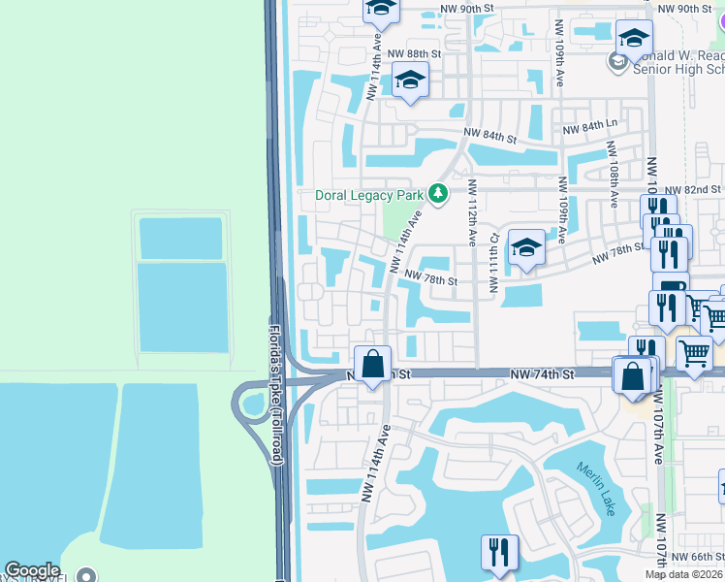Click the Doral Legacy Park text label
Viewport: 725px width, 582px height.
click(371, 195)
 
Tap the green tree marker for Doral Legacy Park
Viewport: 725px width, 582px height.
click(438, 194)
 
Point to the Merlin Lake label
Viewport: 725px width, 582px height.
click(596, 489)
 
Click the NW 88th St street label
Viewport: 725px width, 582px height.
click(413, 53)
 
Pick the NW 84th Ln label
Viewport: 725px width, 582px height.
click(590, 126)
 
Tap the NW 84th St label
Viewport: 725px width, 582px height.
click(489, 133)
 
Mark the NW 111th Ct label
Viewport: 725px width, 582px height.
click(494, 262)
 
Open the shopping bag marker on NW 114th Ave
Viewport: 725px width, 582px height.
click(372, 365)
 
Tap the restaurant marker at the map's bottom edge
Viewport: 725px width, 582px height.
click(499, 553)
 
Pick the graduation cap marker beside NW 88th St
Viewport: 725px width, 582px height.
click(410, 81)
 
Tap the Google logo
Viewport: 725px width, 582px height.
click(33, 571)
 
